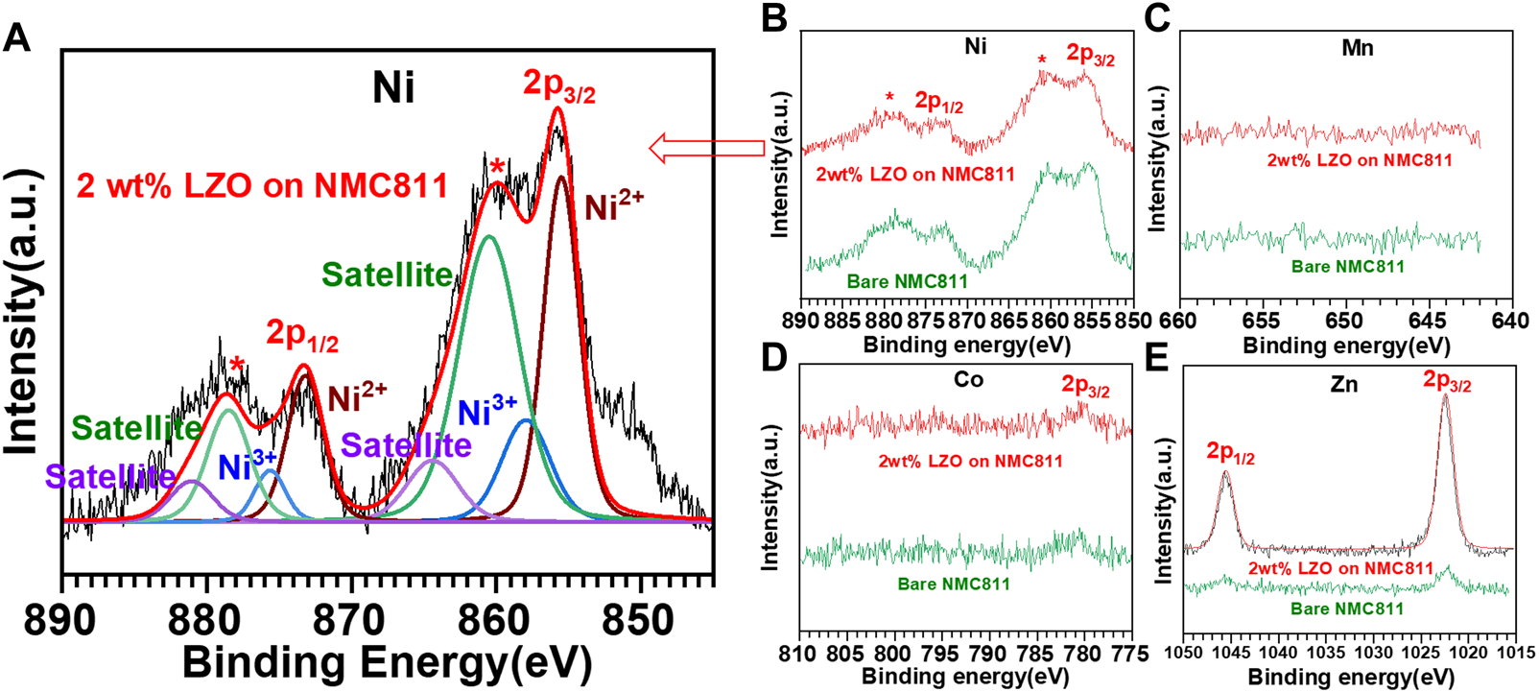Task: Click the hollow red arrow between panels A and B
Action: point(706,148)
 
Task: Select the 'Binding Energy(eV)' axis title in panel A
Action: point(387,663)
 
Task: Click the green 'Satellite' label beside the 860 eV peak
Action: point(387,274)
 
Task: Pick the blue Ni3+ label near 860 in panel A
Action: point(487,411)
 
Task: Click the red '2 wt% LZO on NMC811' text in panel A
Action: point(262,185)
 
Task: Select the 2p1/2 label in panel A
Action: point(302,335)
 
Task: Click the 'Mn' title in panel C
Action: point(1357,48)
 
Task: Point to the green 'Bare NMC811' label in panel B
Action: point(907,281)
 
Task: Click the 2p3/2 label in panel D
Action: point(1085,387)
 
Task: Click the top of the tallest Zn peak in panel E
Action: point(1445,395)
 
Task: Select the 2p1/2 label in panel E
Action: point(1230,452)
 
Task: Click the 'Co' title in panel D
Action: point(968,380)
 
